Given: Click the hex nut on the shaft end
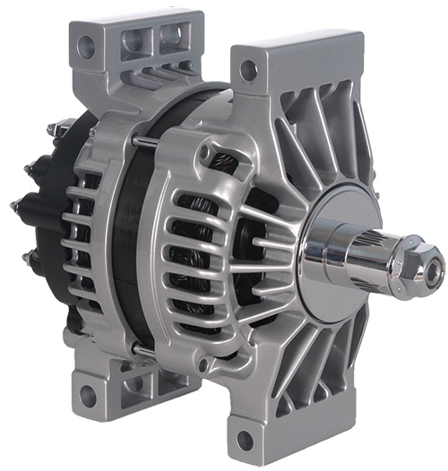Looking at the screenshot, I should coord(420,261).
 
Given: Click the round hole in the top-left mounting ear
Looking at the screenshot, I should coord(87,42).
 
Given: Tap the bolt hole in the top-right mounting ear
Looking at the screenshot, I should coord(249,68).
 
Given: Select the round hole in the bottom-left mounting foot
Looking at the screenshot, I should coord(87,393).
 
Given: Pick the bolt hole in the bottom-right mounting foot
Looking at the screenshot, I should coord(244,439).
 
